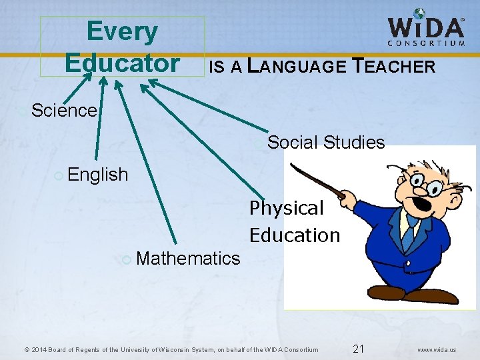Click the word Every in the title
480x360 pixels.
click(122, 31)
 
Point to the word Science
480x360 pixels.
click(64, 110)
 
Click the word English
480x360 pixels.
click(97, 175)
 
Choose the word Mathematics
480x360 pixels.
click(187, 258)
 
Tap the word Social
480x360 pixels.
click(293, 142)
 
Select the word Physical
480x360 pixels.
click(286, 208)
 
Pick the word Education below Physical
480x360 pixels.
click(295, 235)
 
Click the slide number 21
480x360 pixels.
click(358, 349)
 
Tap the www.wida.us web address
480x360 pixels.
click(437, 349)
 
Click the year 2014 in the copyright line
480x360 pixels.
click(39, 349)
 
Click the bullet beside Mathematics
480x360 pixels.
click(127, 259)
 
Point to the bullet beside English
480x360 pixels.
click(59, 175)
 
